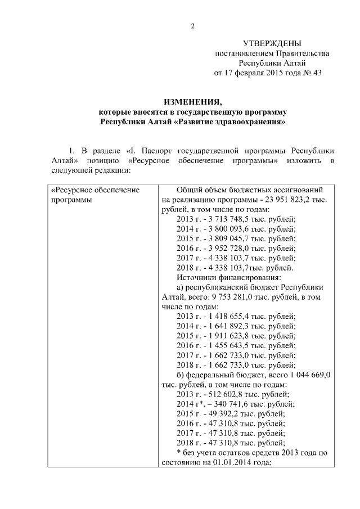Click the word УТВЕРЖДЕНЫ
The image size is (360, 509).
coord(272,43)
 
